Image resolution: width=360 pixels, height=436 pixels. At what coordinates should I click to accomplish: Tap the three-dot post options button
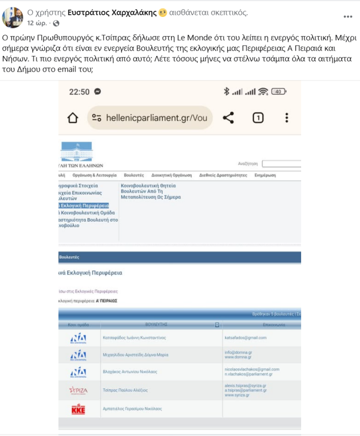pos(348,16)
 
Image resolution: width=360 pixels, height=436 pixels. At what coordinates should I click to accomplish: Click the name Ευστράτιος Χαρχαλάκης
pos(112,13)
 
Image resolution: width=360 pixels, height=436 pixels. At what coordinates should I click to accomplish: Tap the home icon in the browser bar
pos(73,118)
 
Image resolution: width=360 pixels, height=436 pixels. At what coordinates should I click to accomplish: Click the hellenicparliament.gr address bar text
pos(149,118)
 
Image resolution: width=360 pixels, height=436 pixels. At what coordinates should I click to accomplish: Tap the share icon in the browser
pos(228,118)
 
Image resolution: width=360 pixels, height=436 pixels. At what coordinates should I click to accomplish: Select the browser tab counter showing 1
pos(258,118)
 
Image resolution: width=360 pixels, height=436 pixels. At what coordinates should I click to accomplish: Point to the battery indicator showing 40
pos(278,91)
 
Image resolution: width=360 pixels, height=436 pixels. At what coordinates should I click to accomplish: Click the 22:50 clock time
pos(79,92)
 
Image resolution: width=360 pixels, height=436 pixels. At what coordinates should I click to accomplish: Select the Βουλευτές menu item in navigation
pos(133,175)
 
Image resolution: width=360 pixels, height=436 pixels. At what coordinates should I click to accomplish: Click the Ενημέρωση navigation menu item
pos(265,175)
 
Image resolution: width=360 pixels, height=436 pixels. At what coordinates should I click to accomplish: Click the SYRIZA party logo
pos(78,390)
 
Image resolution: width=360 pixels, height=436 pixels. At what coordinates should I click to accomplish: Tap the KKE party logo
pos(78,409)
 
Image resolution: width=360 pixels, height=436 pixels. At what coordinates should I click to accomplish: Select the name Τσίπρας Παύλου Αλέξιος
pos(125,390)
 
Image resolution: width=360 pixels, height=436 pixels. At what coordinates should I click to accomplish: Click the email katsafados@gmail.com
pos(245,337)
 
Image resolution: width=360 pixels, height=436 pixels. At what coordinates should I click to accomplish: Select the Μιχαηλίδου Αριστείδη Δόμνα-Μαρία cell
pos(135,355)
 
